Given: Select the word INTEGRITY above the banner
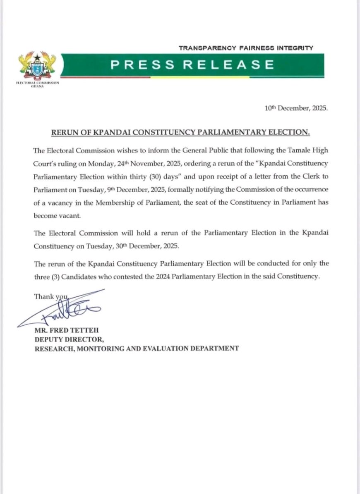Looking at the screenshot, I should (x=295, y=48).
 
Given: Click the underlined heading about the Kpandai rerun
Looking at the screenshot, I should (x=180, y=133).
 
